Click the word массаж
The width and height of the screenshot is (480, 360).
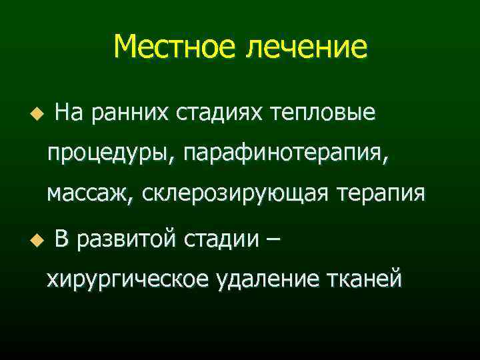pos(90,195)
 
